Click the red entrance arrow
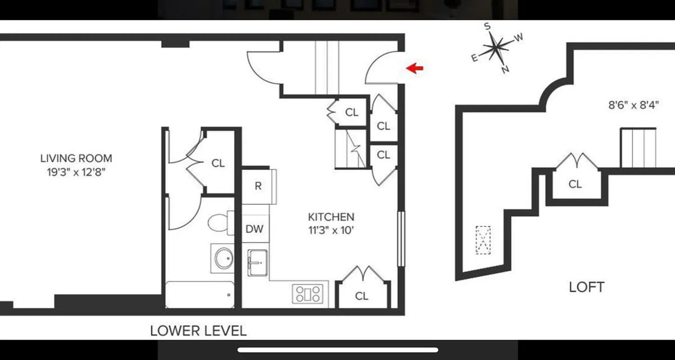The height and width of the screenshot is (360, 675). pos(415,68)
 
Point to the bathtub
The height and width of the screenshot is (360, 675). pos(200,295)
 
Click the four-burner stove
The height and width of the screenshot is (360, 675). pos(308,294)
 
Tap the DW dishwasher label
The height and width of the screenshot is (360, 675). pos(254,229)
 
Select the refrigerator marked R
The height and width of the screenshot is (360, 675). pos(258,186)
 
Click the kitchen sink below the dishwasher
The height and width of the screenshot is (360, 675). pos(257,262)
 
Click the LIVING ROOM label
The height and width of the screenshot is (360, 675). pos(76,158)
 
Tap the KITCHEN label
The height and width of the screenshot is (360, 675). pos(331,217)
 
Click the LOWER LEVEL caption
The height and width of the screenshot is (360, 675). pos(198,331)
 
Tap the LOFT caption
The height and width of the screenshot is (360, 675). pos(586,287)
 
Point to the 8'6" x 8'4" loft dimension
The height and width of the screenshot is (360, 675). pos(634,105)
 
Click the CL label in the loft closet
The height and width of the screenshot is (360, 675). pos(575,184)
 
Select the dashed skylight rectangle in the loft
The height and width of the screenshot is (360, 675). pos(483,240)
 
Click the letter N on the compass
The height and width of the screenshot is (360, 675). pos(505,69)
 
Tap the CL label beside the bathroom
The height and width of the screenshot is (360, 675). pos(218,163)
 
